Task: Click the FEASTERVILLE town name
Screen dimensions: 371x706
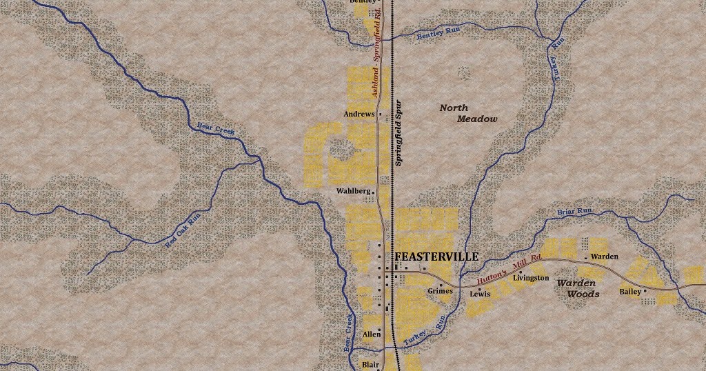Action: coord(436,257)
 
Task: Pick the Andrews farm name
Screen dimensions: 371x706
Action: coord(359,114)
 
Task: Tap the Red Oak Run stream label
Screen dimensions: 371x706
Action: coord(183,230)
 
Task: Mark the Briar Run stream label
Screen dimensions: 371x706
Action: coord(574,211)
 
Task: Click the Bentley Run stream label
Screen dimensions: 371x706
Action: coord(438,34)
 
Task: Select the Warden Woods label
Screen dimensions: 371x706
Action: coord(577,288)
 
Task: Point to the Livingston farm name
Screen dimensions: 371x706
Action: coord(531,278)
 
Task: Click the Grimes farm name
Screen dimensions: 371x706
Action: coord(440,291)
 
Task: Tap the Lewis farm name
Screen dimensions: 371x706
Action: coord(480,294)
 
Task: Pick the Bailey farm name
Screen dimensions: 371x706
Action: coord(630,292)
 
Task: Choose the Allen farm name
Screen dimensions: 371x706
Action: coord(372,334)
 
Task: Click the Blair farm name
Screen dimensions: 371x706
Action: coord(370,365)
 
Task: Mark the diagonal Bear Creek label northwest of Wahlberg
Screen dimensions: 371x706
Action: coord(216,128)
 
